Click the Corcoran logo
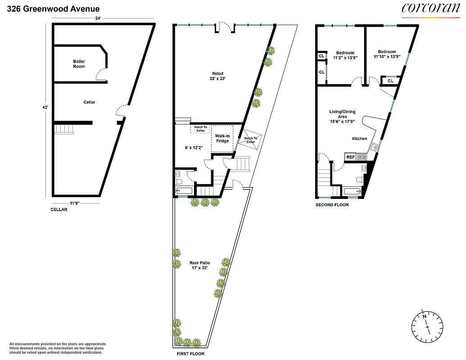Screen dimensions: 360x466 (425, 8)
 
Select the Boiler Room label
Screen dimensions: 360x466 (79, 64)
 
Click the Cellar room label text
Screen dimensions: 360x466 (89, 102)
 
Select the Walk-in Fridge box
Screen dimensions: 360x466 (222, 138)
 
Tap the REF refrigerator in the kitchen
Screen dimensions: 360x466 (350, 157)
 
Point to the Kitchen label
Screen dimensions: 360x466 (359, 139)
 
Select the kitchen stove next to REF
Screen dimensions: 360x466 (362, 157)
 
